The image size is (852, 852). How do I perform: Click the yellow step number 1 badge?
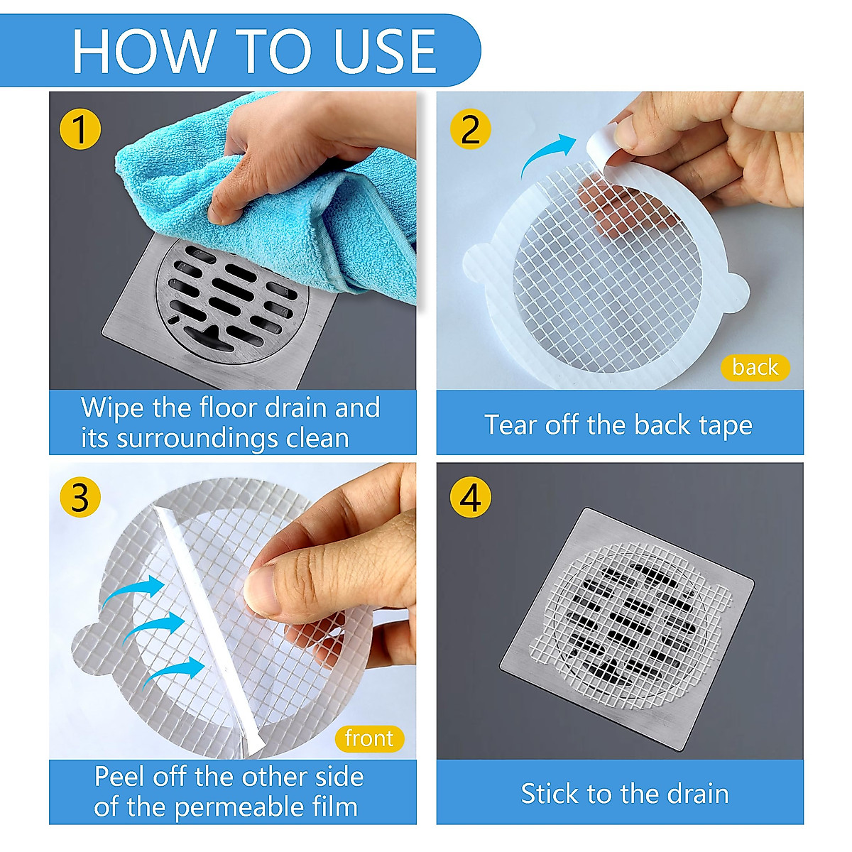click(80, 129)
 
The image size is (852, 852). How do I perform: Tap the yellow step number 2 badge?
click(471, 129)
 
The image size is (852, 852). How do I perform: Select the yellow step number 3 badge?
click(80, 497)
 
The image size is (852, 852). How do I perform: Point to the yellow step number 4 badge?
click(471, 497)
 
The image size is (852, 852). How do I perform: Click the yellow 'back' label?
click(755, 367)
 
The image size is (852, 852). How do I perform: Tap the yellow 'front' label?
click(369, 739)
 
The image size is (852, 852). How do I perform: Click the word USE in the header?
click(385, 51)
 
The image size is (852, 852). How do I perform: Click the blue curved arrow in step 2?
click(548, 153)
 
